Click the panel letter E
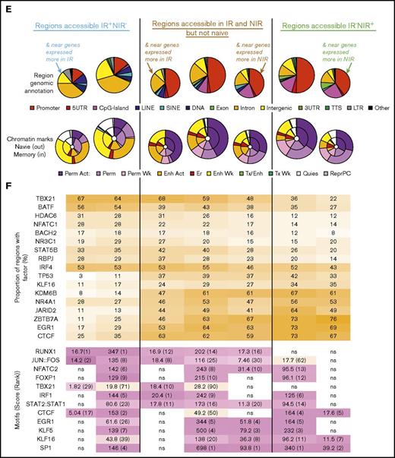pos(6,7)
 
